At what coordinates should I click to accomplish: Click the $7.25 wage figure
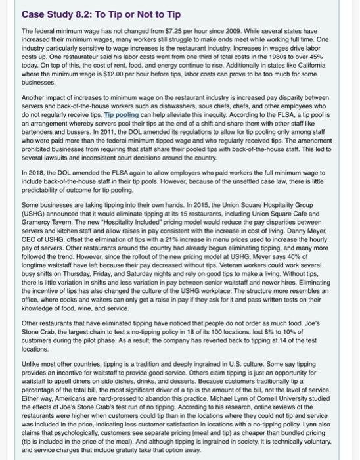tap(154, 31)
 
